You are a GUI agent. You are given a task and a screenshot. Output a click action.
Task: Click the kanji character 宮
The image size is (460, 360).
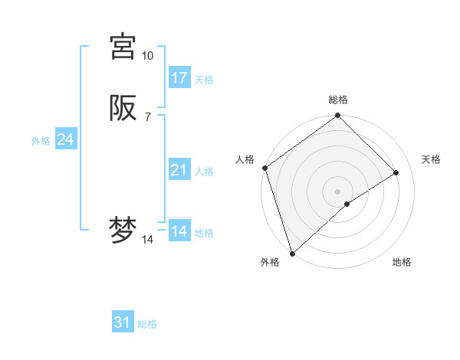click(x=123, y=47)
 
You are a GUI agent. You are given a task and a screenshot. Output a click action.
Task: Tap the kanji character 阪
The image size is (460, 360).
click(x=123, y=108)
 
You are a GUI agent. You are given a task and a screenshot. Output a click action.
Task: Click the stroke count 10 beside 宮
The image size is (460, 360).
click(x=148, y=56)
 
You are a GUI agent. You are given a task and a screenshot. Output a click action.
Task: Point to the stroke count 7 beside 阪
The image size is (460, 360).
click(x=147, y=116)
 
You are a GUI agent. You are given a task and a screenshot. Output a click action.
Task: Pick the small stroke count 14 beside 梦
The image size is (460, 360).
click(x=148, y=240)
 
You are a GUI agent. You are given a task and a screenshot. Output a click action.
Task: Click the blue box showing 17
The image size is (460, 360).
click(x=179, y=78)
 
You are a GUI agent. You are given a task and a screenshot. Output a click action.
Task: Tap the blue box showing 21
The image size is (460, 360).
click(x=179, y=170)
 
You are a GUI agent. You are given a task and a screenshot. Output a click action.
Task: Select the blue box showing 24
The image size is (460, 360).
click(x=66, y=139)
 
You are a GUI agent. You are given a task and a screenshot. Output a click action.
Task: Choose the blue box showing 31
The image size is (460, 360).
click(x=123, y=322)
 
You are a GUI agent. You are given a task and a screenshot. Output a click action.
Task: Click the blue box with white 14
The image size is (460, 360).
click(x=179, y=231)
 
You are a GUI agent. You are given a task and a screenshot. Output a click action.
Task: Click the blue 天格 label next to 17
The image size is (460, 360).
click(x=204, y=80)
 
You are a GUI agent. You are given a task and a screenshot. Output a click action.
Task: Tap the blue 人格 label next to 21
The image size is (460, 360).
click(x=204, y=172)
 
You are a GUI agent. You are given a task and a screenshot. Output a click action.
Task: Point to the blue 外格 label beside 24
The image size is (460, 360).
click(x=41, y=141)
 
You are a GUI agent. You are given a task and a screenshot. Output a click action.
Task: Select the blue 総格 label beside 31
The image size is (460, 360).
click(x=147, y=324)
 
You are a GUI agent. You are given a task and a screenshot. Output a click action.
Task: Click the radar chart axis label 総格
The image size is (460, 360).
click(x=338, y=100)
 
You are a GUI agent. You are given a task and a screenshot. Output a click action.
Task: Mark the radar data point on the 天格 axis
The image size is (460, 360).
click(x=396, y=172)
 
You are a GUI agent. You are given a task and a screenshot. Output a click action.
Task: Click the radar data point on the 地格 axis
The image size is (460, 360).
click(x=347, y=204)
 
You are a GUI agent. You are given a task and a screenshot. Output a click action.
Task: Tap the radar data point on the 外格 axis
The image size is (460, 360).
click(x=292, y=254)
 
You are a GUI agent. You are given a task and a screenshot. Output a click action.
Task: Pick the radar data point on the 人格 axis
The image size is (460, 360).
click(x=264, y=168)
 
